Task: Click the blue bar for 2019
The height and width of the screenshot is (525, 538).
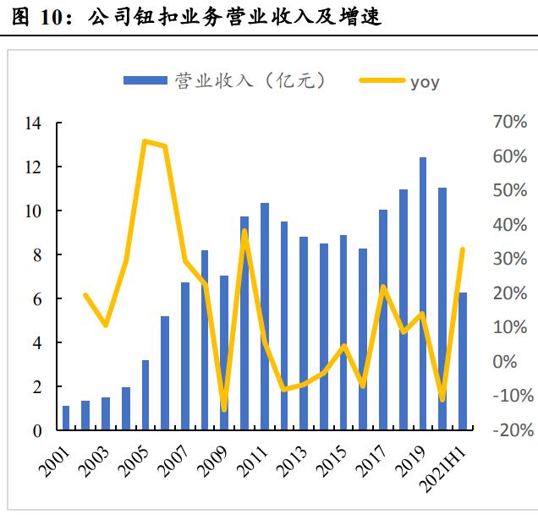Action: pyautogui.click(x=422, y=294)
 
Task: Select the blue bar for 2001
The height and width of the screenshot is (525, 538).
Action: pyautogui.click(x=66, y=418)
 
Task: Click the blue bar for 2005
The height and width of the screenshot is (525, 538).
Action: pyautogui.click(x=145, y=396)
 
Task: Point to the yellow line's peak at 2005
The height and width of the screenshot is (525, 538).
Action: pyautogui.click(x=145, y=141)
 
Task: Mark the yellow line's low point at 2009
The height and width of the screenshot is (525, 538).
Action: pyautogui.click(x=224, y=410)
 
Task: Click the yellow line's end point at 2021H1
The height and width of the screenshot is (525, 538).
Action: pyautogui.click(x=463, y=249)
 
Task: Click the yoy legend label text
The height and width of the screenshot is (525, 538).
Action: pyautogui.click(x=425, y=81)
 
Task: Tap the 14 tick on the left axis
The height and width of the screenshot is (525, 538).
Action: pyautogui.click(x=33, y=123)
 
